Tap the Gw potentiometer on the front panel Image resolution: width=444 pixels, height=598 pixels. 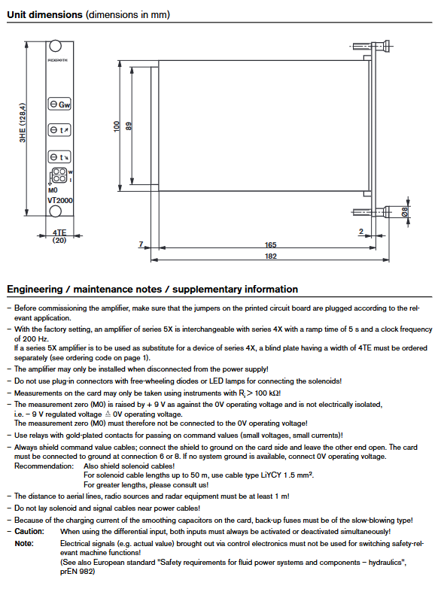[59, 104]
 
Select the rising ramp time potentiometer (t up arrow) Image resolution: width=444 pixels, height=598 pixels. [59, 130]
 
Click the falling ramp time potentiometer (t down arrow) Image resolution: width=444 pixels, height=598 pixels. [59, 156]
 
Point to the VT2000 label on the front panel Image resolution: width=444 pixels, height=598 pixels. [60, 201]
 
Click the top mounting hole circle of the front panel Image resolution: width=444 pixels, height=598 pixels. [56, 46]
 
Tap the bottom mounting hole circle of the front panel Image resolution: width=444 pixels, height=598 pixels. [56, 211]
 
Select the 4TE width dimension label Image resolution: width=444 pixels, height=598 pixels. [59, 232]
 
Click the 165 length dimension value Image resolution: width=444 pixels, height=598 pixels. [270, 245]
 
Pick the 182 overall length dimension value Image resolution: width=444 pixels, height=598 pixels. [270, 257]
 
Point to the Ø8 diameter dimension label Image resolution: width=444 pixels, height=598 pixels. [404, 212]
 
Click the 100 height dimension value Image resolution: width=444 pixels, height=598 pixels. [117, 126]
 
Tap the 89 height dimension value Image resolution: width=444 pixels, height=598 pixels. [129, 126]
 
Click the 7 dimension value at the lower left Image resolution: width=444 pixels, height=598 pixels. [141, 244]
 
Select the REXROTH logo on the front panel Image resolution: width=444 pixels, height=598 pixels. [58, 60]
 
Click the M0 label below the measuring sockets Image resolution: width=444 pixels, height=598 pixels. [53, 190]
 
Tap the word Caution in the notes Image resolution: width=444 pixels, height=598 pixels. [29, 532]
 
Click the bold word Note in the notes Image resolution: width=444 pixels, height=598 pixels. [24, 543]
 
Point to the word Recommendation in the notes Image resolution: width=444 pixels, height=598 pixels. [44, 466]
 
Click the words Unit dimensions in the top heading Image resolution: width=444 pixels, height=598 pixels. [44, 15]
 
